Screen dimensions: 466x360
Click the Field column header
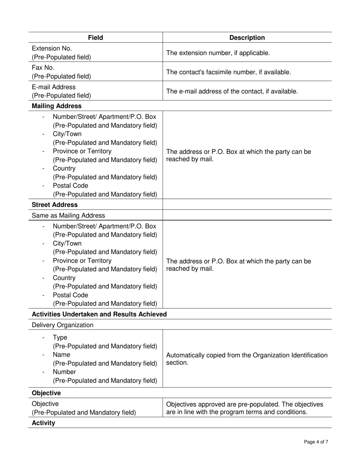coord(95,38)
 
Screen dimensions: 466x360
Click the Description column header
coord(247,38)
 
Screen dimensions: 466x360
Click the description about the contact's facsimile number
coord(229,72)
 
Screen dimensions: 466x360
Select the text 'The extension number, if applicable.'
coord(218,53)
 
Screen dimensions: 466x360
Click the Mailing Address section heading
coord(56,106)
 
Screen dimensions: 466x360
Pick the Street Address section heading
coord(55,205)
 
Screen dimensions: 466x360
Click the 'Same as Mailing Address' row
coord(68,215)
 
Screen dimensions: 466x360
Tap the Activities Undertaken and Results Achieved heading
coord(99,314)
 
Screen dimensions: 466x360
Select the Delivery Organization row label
coord(63,325)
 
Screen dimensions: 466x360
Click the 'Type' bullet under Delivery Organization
coord(60,338)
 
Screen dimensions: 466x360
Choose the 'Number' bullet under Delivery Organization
coord(64,372)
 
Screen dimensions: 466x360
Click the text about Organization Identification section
coord(247,359)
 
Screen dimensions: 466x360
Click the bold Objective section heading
coord(46,393)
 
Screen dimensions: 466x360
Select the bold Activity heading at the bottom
coord(43,423)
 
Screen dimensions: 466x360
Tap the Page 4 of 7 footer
coord(316,442)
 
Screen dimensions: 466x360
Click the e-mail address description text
coord(232,91)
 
